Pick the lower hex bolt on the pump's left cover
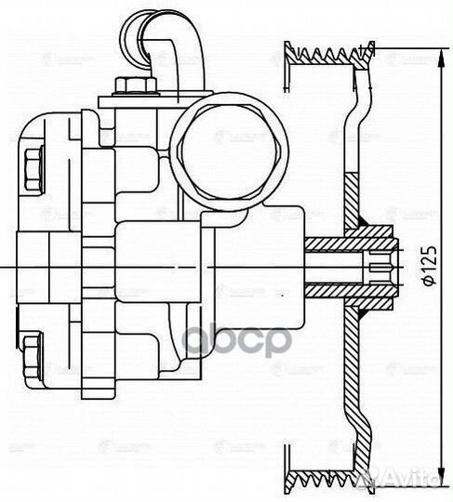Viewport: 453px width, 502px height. pos(31,354)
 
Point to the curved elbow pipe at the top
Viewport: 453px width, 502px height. pos(171,42)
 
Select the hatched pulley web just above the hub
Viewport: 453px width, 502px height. pos(353,200)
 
